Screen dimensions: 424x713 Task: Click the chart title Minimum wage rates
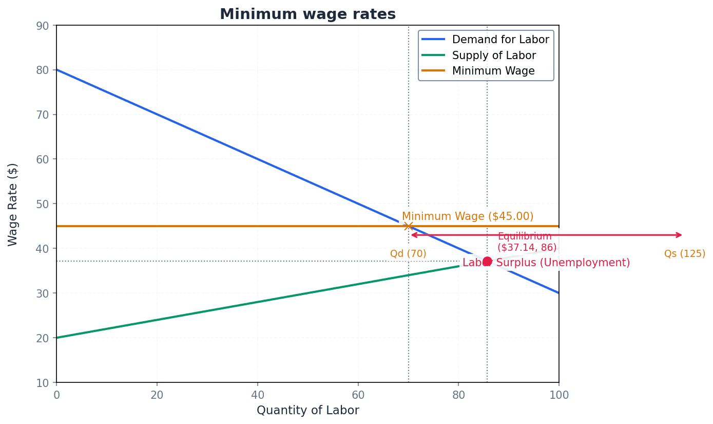click(307, 14)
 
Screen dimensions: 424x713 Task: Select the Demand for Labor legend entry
click(500, 40)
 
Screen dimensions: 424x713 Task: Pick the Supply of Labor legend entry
click(493, 56)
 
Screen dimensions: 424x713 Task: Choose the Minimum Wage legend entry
click(493, 71)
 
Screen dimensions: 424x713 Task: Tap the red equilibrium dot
click(487, 261)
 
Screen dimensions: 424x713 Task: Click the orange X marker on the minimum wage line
click(408, 226)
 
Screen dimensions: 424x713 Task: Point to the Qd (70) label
click(408, 254)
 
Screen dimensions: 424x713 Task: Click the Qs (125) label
click(684, 254)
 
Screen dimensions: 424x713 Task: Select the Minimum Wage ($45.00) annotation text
click(467, 217)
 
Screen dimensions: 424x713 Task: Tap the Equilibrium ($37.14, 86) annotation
click(527, 242)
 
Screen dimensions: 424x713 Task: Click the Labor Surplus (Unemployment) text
click(546, 263)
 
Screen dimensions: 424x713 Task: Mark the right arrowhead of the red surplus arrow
click(681, 235)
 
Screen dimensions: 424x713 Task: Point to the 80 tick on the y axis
click(43, 70)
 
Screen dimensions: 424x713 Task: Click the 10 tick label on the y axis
click(43, 383)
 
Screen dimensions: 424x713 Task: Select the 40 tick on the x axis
click(257, 395)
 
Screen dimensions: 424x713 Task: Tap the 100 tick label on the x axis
click(558, 395)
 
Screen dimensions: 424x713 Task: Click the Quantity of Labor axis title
click(307, 411)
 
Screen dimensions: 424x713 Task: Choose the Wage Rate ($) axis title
click(13, 204)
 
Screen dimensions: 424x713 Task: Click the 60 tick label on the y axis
click(43, 159)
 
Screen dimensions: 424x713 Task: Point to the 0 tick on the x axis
click(56, 395)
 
